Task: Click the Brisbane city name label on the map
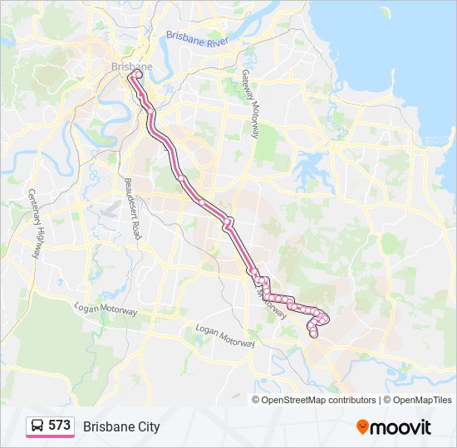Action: tap(131, 66)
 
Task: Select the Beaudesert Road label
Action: tap(130, 207)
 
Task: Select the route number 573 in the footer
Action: tap(59, 426)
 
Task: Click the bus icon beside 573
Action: tap(38, 426)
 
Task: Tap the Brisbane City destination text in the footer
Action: tap(121, 426)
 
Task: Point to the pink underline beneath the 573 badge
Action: tap(50, 436)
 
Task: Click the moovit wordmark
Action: tap(401, 427)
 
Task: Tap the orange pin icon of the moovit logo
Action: tap(362, 426)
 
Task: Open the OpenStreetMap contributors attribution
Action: tap(320, 400)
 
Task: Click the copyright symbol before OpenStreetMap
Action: tap(257, 400)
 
